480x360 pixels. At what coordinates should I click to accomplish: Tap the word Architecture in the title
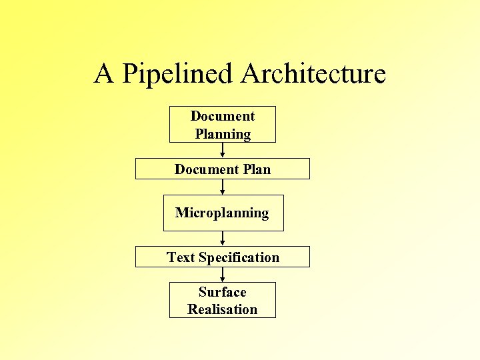(x=313, y=73)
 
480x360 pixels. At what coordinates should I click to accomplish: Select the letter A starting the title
(x=103, y=73)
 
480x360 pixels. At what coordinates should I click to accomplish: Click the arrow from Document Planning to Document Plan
(x=223, y=151)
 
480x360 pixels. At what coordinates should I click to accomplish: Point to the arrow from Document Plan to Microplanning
(x=223, y=187)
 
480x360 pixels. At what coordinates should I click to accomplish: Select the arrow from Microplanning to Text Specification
(x=223, y=239)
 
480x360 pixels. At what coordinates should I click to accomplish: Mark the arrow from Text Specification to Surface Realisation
(x=223, y=275)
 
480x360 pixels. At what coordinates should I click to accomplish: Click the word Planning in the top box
(x=223, y=134)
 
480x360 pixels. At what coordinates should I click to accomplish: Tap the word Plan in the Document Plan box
(x=257, y=169)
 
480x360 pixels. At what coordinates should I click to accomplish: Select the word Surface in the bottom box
(x=223, y=292)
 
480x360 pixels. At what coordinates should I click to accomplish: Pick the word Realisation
(x=223, y=309)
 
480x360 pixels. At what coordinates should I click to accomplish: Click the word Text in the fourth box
(x=181, y=257)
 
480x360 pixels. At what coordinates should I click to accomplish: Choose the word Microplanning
(x=222, y=213)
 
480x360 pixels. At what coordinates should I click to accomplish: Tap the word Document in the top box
(x=223, y=116)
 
